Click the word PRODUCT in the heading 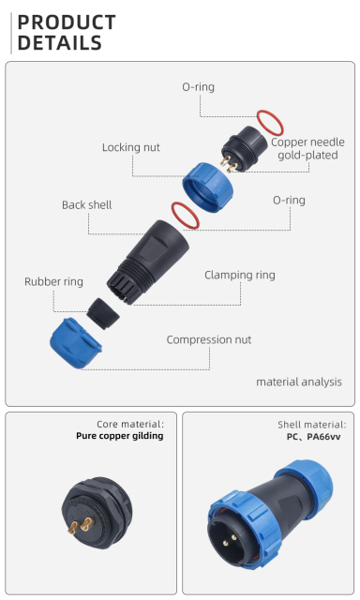pyautogui.click(x=67, y=22)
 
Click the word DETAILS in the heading pyautogui.click(x=60, y=42)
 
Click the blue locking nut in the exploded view pyautogui.click(x=207, y=187)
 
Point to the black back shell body pyautogui.click(x=148, y=262)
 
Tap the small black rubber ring pyautogui.click(x=102, y=314)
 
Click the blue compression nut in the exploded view pyautogui.click(x=75, y=344)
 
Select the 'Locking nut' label pyautogui.click(x=131, y=147)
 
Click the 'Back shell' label pyautogui.click(x=87, y=204)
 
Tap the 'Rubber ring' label pyautogui.click(x=53, y=281)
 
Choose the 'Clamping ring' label pyautogui.click(x=240, y=275)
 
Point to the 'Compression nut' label pyautogui.click(x=209, y=339)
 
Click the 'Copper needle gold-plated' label pyautogui.click(x=307, y=148)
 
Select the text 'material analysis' pyautogui.click(x=299, y=382)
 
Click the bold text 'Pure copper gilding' pyautogui.click(x=120, y=436)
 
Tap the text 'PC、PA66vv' pyautogui.click(x=313, y=437)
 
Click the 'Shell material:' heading pyautogui.click(x=312, y=425)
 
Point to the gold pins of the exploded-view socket pyautogui.click(x=228, y=163)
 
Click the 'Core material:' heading pyautogui.click(x=130, y=424)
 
